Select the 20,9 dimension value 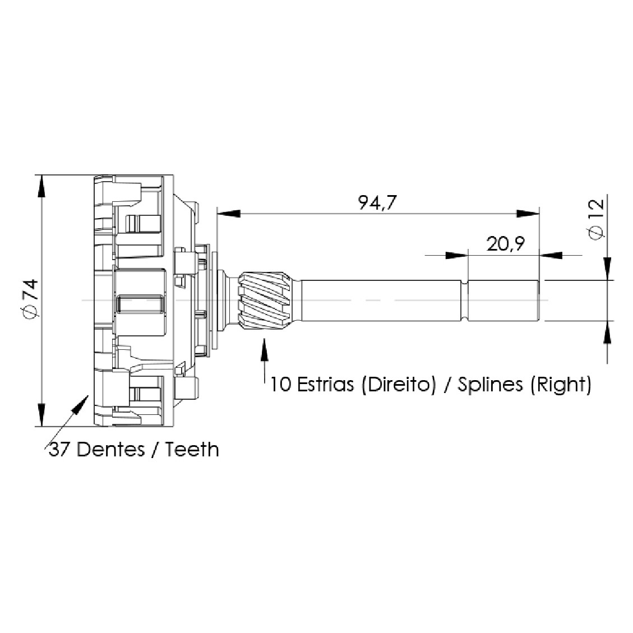tap(505, 244)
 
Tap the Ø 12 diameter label tap(597, 220)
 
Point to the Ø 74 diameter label tap(31, 299)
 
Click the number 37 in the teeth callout tap(58, 449)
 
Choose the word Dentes tap(110, 449)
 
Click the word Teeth tap(192, 449)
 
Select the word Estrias tap(325, 384)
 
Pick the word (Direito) tap(399, 385)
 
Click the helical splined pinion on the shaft tap(265, 300)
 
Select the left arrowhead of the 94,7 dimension tap(229, 213)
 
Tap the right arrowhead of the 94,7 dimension tap(528, 213)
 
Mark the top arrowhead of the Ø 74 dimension tap(41, 187)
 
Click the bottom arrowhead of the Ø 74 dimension tap(41, 414)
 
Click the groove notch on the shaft tap(464, 301)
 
